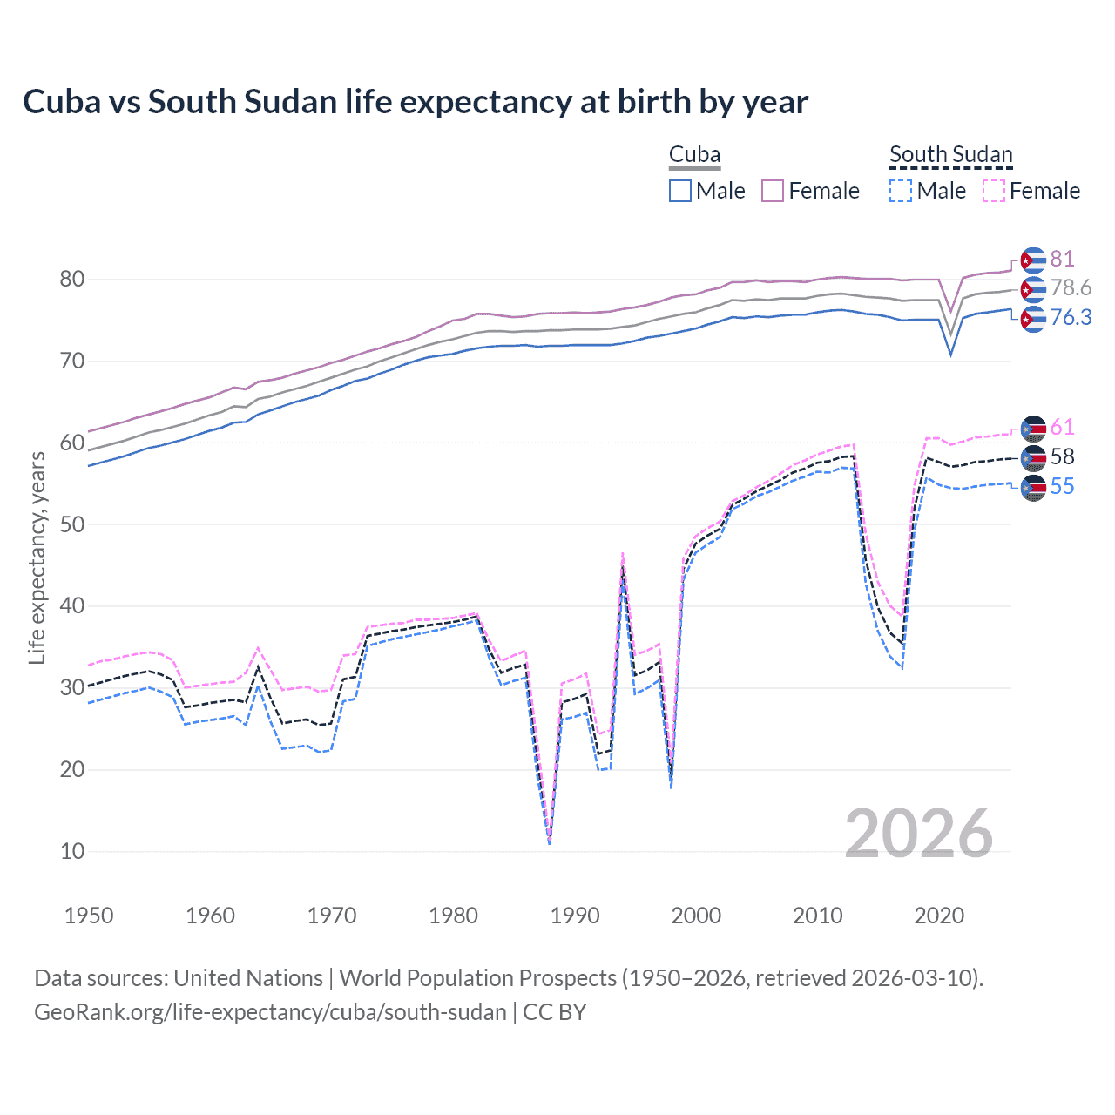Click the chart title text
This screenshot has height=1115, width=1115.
(416, 102)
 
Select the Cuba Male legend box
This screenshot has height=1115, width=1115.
(680, 191)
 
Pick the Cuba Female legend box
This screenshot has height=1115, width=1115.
(773, 191)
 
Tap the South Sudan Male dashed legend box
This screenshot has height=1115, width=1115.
(901, 191)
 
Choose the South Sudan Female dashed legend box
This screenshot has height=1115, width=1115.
(994, 191)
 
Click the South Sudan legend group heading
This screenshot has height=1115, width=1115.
(950, 155)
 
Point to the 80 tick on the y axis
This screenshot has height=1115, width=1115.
(72, 280)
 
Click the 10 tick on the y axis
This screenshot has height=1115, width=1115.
(72, 851)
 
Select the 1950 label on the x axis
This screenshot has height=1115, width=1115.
(89, 916)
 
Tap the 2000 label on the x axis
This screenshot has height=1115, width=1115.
(696, 916)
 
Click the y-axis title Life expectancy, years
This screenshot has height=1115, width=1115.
(37, 557)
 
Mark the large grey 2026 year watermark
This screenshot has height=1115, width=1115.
(918, 834)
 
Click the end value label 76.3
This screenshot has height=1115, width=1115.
(1071, 318)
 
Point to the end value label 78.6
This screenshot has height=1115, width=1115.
(1071, 288)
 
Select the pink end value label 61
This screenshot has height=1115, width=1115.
(1062, 427)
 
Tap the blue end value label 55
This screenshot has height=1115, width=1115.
(1062, 486)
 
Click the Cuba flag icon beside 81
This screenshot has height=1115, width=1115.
(1033, 260)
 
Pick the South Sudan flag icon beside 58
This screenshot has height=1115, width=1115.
(1033, 457)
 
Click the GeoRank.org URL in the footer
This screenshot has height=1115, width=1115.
(270, 1012)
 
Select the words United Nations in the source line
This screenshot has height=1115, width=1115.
(248, 978)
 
